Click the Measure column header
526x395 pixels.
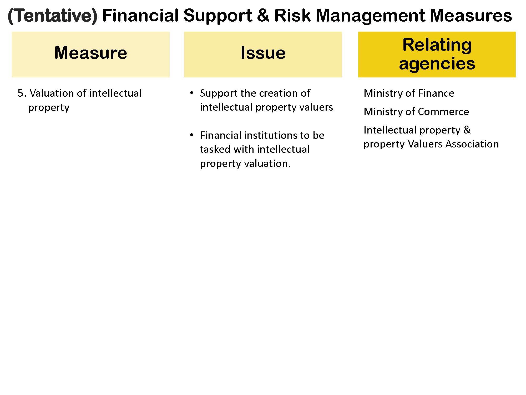click(x=91, y=53)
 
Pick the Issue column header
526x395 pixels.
click(x=263, y=53)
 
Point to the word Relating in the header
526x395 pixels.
click(x=437, y=45)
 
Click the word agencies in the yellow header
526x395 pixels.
click(x=437, y=63)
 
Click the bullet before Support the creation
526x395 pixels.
click(x=191, y=93)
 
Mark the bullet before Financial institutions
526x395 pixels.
click(x=191, y=135)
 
